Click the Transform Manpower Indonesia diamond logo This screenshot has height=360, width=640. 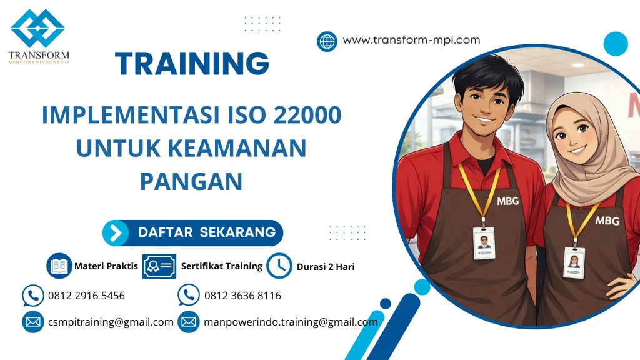[38, 28]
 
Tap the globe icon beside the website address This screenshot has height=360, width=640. [327, 41]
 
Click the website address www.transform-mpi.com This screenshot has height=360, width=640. [411, 41]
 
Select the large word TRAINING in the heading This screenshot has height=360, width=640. [192, 64]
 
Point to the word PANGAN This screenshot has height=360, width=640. [191, 181]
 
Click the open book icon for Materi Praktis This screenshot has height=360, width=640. [60, 266]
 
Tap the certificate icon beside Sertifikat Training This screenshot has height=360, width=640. [159, 266]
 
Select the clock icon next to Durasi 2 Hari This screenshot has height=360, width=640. [279, 266]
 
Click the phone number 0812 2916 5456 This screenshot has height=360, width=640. [86, 296]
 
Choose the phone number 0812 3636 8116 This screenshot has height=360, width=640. [242, 296]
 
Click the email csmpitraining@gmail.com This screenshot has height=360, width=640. [111, 322]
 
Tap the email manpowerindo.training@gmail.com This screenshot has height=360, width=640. [291, 322]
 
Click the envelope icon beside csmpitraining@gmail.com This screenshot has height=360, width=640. [32, 322]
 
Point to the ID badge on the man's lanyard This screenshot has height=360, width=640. [483, 242]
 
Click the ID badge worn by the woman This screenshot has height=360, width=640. [573, 262]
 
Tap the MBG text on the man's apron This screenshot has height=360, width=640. [507, 202]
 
